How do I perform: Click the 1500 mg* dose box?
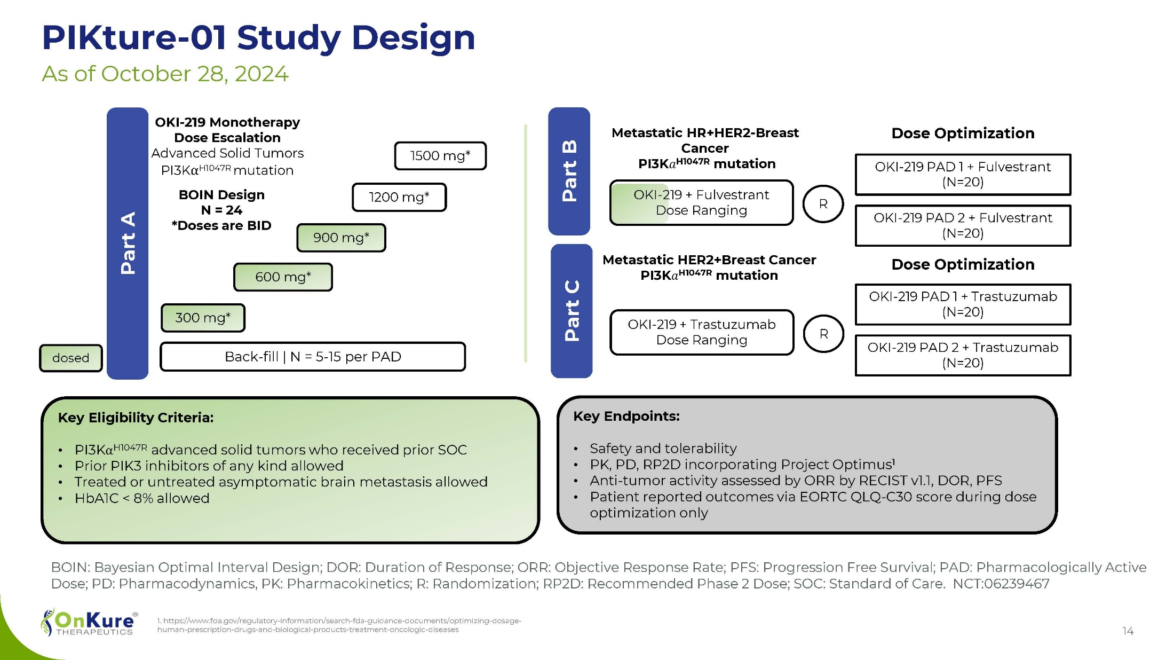click(x=440, y=156)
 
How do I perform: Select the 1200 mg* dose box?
click(x=399, y=197)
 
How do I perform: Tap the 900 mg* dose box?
click(x=341, y=238)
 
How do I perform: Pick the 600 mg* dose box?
click(x=283, y=277)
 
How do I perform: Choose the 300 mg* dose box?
click(x=203, y=318)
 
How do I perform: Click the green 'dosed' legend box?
click(x=70, y=358)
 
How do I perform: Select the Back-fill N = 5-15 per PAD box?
click(x=313, y=357)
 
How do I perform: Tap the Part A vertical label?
click(x=128, y=243)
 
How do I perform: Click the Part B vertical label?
click(x=569, y=171)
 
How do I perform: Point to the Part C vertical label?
click(x=572, y=311)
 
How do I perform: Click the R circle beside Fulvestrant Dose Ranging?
click(x=823, y=204)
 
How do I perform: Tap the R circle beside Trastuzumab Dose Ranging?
click(x=823, y=334)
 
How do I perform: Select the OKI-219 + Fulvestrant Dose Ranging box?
click(x=701, y=203)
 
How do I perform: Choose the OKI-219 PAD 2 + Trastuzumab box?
click(x=963, y=356)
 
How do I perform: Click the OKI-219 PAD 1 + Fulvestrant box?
click(x=963, y=175)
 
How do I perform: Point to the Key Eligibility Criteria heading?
click(x=136, y=418)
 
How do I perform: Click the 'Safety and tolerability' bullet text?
click(x=663, y=449)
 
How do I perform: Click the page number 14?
click(x=1128, y=631)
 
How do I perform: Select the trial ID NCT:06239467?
click(x=1001, y=584)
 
